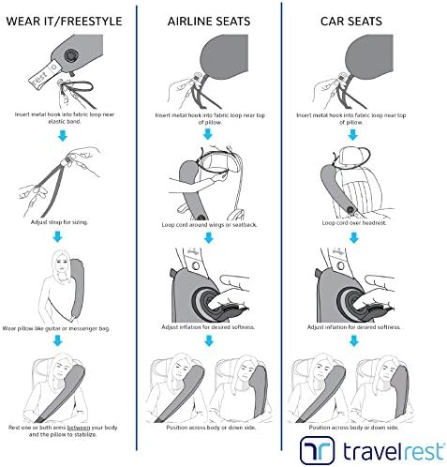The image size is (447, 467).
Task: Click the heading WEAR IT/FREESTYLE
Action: (x=64, y=22)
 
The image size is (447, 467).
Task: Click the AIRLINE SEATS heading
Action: (x=209, y=22)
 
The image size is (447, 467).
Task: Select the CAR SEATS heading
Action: (x=351, y=22)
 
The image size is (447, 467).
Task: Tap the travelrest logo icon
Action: (x=317, y=450)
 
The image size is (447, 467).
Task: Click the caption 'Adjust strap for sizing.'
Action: (x=59, y=222)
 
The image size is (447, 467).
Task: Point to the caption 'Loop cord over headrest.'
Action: (x=354, y=223)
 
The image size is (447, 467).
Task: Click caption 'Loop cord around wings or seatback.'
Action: (x=209, y=225)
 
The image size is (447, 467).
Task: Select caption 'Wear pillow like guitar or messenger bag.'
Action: (x=56, y=328)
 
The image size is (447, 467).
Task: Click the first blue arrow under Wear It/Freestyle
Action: (x=63, y=136)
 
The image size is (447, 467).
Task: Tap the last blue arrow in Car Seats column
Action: (x=353, y=340)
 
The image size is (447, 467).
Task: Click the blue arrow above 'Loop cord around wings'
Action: (x=208, y=134)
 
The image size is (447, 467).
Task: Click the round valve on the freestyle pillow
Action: (x=71, y=56)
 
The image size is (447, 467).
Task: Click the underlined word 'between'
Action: (x=79, y=428)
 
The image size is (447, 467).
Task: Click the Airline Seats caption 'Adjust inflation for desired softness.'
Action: (x=208, y=327)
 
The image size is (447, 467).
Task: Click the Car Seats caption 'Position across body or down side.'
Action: (x=353, y=428)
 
